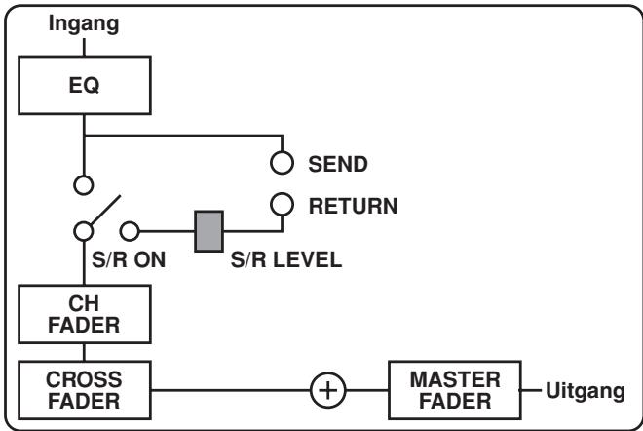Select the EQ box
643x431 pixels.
85,83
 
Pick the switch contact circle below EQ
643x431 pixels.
85,182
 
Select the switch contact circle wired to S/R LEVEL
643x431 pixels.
129,231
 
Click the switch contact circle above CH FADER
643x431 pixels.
85,231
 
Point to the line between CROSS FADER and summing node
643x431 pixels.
234,391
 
